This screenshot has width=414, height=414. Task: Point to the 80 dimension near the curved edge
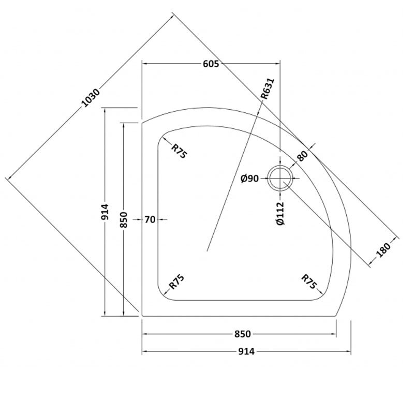point(303,155)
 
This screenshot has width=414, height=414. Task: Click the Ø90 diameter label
point(250,179)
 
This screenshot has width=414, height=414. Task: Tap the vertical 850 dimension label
point(123,220)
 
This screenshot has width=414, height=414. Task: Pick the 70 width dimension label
point(150,219)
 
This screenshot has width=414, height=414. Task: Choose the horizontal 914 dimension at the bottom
point(247,351)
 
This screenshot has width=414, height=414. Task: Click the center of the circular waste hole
point(280,179)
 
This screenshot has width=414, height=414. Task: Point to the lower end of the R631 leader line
point(207,252)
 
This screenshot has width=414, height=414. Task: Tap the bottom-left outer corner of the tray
point(142,315)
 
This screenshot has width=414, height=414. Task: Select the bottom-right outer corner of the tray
point(336,315)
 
